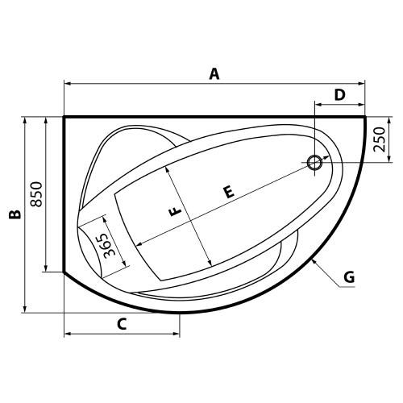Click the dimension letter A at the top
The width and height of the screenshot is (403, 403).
(214, 74)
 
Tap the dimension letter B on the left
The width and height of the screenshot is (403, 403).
(14, 214)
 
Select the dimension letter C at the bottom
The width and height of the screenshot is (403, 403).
(122, 325)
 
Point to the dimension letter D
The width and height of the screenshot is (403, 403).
(339, 95)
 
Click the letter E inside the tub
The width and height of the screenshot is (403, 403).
(230, 192)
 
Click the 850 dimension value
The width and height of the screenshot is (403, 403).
(35, 194)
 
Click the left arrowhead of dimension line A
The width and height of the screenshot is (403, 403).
(67, 83)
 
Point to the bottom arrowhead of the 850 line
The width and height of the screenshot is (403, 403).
(46, 268)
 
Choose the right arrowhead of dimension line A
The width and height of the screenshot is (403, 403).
(363, 83)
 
